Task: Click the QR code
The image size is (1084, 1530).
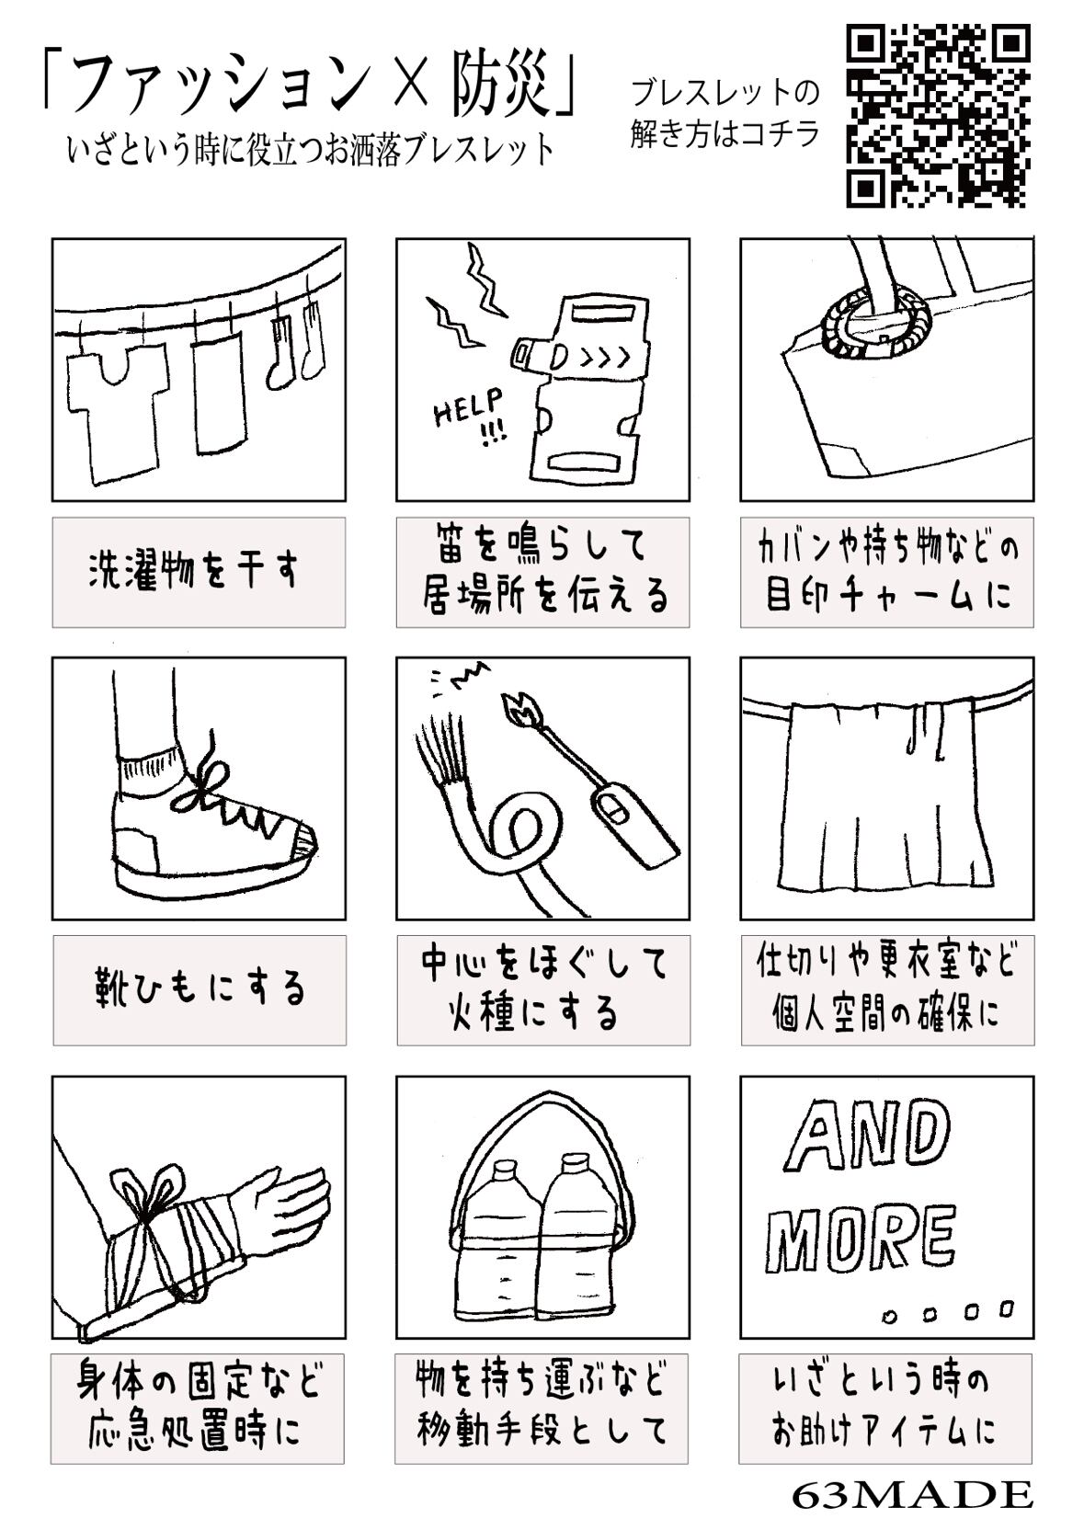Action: click(x=938, y=116)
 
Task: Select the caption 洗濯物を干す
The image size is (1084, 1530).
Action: click(x=194, y=571)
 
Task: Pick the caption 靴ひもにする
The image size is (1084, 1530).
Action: click(x=199, y=989)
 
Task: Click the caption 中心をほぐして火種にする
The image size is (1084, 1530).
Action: click(x=543, y=989)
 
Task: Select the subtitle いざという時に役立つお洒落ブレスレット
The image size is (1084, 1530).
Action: click(x=311, y=151)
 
